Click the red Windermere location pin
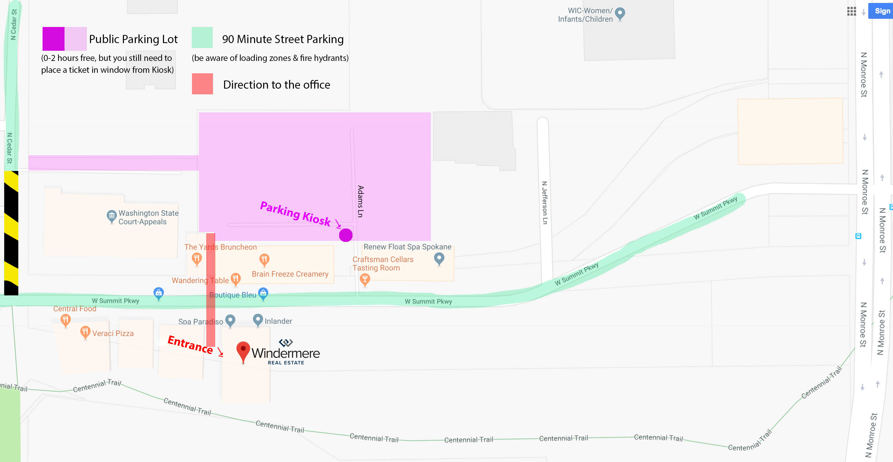click(243, 350)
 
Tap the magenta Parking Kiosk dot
click(346, 235)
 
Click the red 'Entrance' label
click(190, 344)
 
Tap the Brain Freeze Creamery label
click(290, 274)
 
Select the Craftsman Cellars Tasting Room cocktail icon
click(364, 279)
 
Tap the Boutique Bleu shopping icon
click(263, 293)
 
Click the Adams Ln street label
click(360, 201)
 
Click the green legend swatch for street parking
click(202, 37)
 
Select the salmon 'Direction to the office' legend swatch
click(202, 84)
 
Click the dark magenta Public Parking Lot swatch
click(53, 39)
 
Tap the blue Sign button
click(881, 11)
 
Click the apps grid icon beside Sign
click(851, 11)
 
